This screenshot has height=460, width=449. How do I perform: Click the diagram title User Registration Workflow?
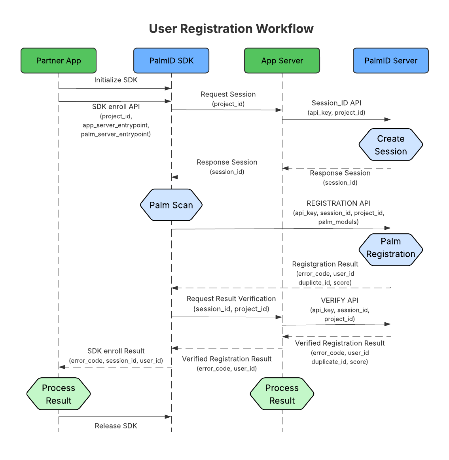(231, 29)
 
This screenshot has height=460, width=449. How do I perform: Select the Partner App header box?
(59, 61)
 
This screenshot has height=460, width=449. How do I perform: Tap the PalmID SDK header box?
(171, 61)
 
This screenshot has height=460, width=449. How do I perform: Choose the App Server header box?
(282, 61)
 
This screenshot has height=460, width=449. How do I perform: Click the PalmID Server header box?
(391, 61)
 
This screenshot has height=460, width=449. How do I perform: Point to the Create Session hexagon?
(391, 145)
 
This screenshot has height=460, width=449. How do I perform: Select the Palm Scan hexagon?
(171, 205)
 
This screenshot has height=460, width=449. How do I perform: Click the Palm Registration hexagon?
(391, 248)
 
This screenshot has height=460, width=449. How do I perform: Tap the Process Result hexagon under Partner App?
(59, 394)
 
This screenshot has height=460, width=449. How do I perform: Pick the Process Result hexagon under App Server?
(282, 394)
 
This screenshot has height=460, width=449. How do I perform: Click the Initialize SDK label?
(116, 80)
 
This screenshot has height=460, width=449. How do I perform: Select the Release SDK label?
(116, 426)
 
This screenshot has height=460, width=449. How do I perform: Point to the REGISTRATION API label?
(339, 203)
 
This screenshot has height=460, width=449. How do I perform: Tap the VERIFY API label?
(340, 301)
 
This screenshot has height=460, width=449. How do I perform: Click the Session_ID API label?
(337, 103)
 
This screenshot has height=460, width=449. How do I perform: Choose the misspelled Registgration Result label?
(325, 264)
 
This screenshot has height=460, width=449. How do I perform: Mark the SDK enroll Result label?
(116, 351)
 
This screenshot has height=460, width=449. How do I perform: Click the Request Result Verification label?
(231, 299)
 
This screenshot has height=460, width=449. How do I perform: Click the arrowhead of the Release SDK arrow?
(169, 416)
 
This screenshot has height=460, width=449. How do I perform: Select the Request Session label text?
(228, 94)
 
